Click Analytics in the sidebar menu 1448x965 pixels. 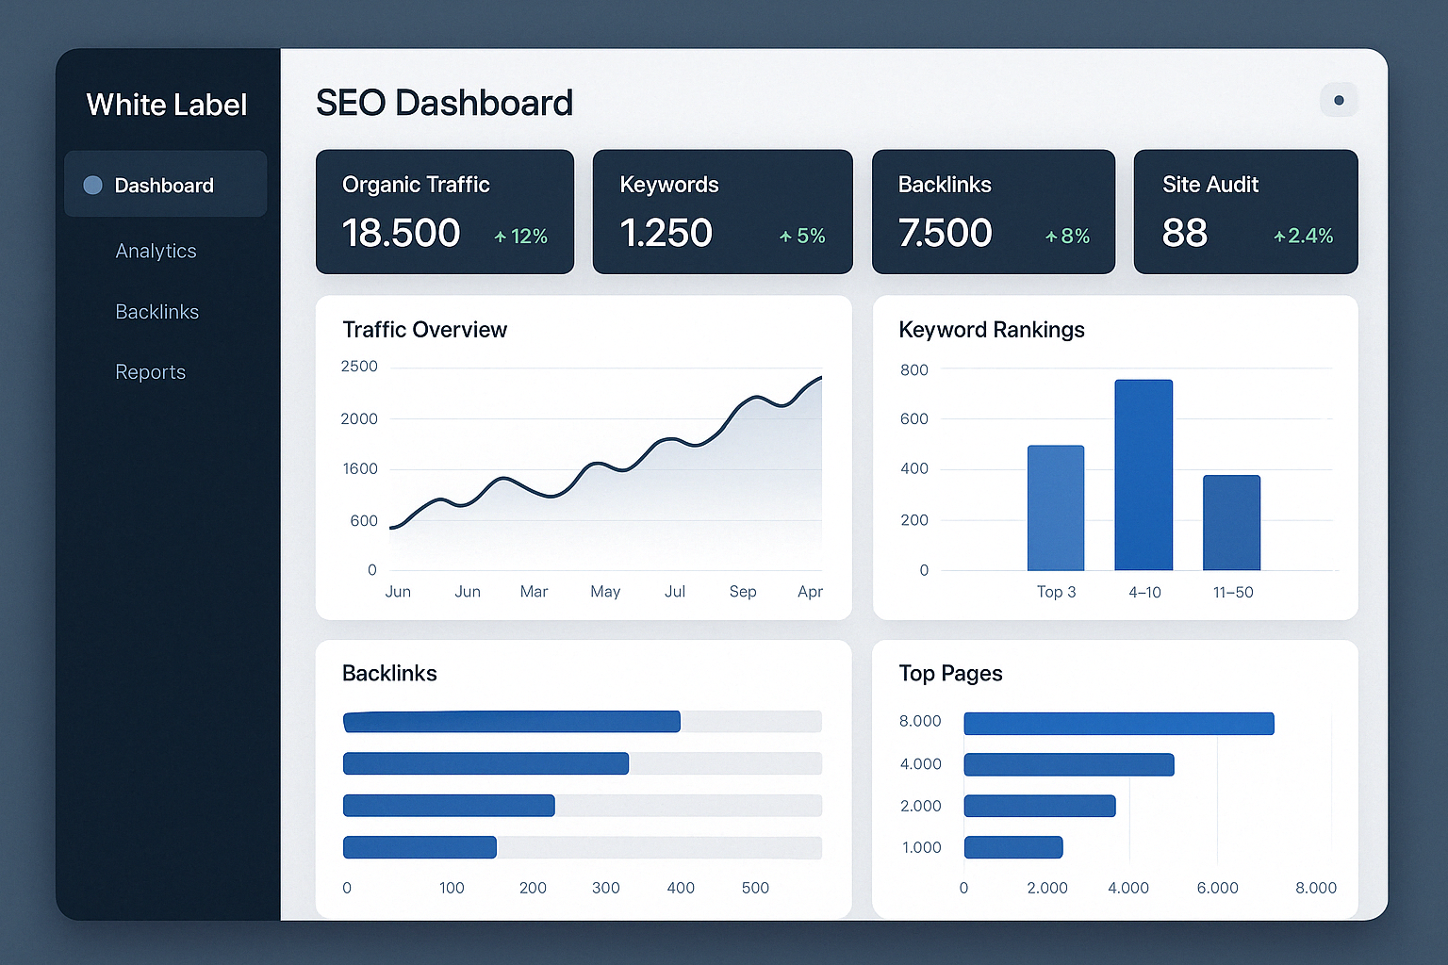point(156,251)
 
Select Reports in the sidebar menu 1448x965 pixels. point(150,372)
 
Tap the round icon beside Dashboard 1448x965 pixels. point(92,185)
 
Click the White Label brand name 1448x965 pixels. point(166,105)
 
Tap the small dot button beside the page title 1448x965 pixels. point(1339,100)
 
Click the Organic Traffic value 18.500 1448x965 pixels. point(401,233)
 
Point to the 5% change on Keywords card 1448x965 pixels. point(802,236)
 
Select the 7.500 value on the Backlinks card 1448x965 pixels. point(945,233)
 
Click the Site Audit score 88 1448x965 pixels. point(1184,233)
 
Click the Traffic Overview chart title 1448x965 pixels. point(424,330)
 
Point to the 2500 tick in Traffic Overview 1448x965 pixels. point(359,366)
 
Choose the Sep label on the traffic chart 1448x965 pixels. point(743,592)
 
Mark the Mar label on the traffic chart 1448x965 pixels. point(534,592)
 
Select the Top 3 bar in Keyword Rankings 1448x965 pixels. point(1055,509)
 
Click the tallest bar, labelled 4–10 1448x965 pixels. point(1144,476)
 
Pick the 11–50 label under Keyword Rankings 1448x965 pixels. point(1233,593)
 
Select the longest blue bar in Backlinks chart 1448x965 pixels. point(511,722)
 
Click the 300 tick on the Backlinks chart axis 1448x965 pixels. point(605,888)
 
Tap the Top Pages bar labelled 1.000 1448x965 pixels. point(1013,847)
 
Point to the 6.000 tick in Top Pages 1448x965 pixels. point(1217,888)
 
